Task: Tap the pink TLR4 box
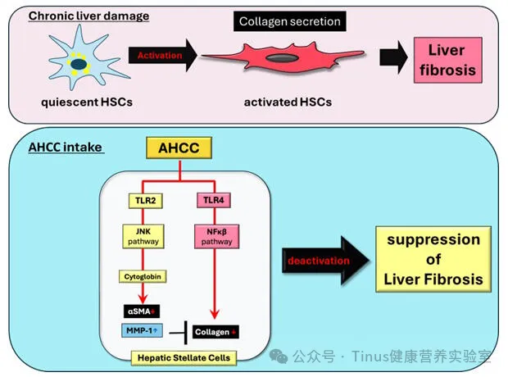click(214, 199)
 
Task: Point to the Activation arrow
click(163, 56)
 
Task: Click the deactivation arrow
click(320, 260)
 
